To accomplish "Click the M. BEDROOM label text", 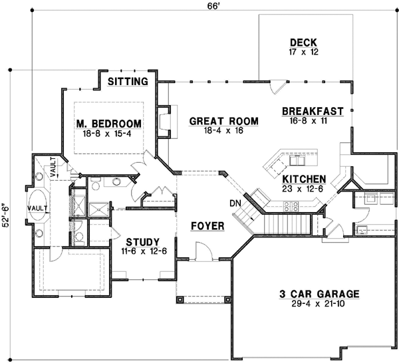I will [x=108, y=124].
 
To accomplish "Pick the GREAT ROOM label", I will [x=223, y=120].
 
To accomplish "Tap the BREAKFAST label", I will [x=312, y=110].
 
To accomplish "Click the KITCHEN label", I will [x=304, y=179].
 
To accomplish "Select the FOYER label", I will [x=207, y=226].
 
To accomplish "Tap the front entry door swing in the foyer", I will [x=203, y=251].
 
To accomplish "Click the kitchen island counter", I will [x=291, y=162].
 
